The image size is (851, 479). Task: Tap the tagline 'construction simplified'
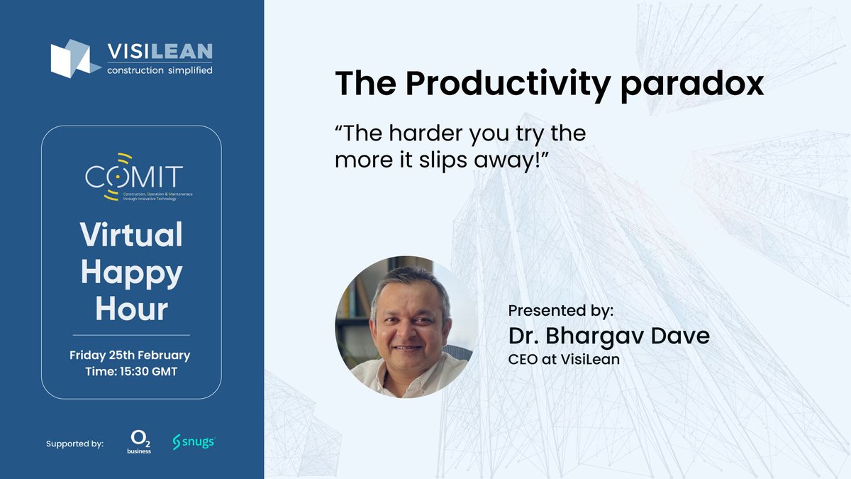(x=160, y=70)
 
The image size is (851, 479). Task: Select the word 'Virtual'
(x=131, y=235)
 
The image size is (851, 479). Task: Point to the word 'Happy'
(x=131, y=273)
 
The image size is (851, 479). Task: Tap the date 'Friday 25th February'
(x=130, y=355)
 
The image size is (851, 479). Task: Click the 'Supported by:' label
(x=74, y=444)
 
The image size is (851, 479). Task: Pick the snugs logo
(x=193, y=442)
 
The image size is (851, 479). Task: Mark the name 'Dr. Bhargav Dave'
(x=608, y=336)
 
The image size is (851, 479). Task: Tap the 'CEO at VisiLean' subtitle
(x=564, y=359)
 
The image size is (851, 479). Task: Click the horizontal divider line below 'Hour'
(x=131, y=334)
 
